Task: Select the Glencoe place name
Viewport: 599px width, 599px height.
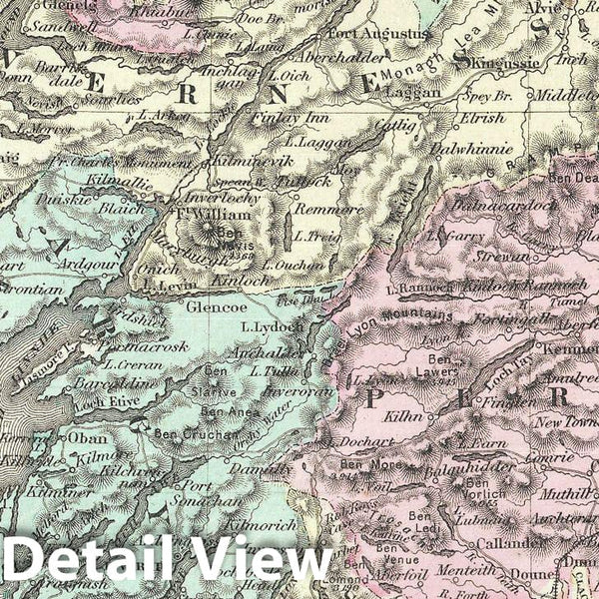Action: pos(207,309)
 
